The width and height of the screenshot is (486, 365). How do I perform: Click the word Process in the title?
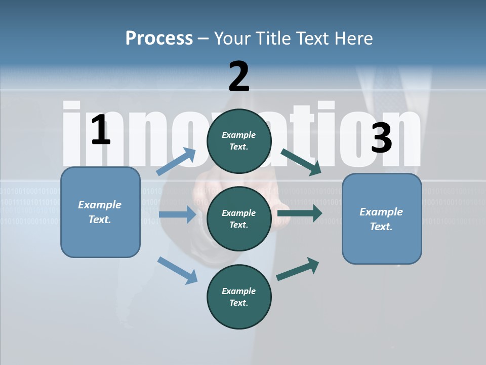pos(159,38)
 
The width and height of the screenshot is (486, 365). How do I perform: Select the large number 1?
pos(101,130)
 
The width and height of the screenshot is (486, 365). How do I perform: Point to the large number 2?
pos(239,77)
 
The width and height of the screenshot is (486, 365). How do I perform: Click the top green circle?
pos(239,141)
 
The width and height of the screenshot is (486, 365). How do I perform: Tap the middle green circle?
pos(239,218)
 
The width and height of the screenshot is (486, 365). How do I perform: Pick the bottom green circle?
pos(239,297)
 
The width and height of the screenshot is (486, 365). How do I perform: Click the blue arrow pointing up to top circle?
pos(177,162)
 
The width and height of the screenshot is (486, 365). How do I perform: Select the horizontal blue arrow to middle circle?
pos(177,214)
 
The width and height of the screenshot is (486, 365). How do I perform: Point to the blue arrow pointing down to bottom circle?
pos(177,270)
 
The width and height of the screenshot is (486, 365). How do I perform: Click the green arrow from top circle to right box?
pos(302,162)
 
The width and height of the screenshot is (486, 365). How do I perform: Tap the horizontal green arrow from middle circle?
pos(300,213)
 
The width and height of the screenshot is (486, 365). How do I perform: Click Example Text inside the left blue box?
pos(100,212)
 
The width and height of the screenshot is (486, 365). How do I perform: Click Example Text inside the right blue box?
pos(381,219)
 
